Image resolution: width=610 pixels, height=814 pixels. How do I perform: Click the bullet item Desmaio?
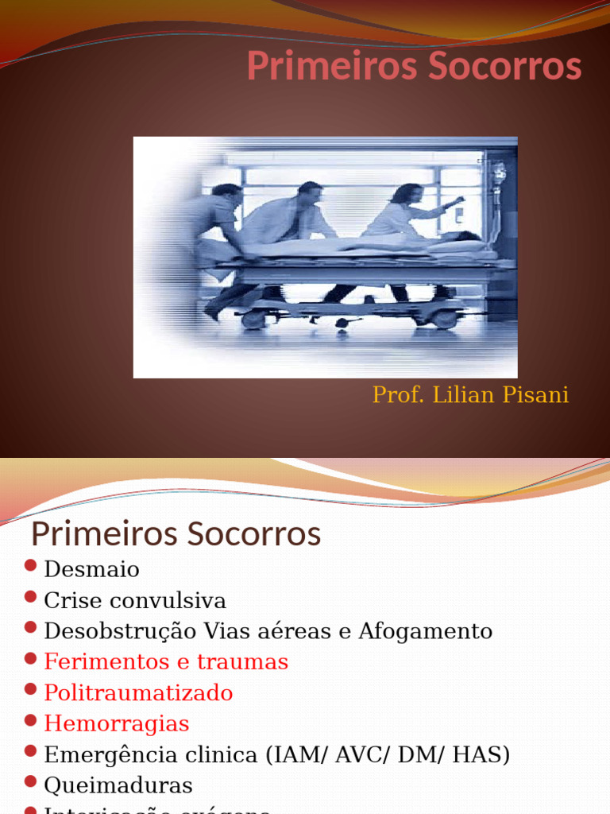[92, 569]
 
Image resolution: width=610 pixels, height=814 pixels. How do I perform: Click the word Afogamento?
[425, 631]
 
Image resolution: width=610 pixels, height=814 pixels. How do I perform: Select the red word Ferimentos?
[106, 661]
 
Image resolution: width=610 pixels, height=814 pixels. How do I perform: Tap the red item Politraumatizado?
[139, 692]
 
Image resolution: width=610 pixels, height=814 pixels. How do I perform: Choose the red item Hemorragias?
[117, 723]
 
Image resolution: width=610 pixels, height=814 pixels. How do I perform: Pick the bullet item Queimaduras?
[118, 785]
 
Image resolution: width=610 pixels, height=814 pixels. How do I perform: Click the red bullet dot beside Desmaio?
[31, 565]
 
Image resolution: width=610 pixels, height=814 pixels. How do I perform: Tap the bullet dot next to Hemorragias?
[31, 720]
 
